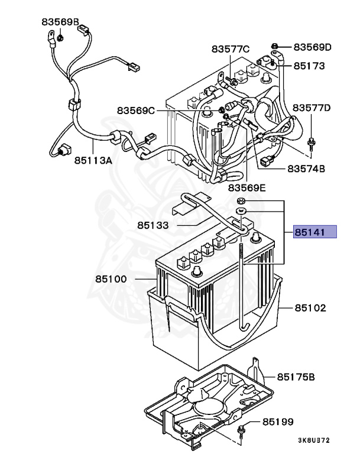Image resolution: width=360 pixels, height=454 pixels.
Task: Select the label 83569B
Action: (60, 22)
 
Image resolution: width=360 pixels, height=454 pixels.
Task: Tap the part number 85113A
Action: (93, 160)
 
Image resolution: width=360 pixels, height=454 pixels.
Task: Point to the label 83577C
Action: (231, 49)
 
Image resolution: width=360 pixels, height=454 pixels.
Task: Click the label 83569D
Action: (313, 47)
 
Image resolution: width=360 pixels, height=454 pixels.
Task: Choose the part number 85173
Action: (309, 66)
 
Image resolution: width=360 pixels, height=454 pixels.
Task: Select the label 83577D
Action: (312, 108)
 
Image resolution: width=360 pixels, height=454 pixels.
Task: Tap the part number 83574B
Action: (306, 168)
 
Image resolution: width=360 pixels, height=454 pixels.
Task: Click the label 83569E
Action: (247, 188)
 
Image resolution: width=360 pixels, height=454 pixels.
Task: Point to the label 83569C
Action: (136, 111)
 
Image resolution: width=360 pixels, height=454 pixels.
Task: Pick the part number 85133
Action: (153, 225)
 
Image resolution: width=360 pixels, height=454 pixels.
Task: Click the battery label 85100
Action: (111, 279)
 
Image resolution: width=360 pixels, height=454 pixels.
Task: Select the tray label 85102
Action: (310, 308)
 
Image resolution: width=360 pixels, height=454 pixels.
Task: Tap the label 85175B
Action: (296, 377)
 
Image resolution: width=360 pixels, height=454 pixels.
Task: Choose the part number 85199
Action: (278, 421)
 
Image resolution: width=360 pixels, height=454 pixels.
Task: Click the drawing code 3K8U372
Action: (314, 440)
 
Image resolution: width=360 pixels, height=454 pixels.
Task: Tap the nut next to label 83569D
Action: (274, 46)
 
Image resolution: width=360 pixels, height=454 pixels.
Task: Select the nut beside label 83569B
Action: (60, 38)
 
